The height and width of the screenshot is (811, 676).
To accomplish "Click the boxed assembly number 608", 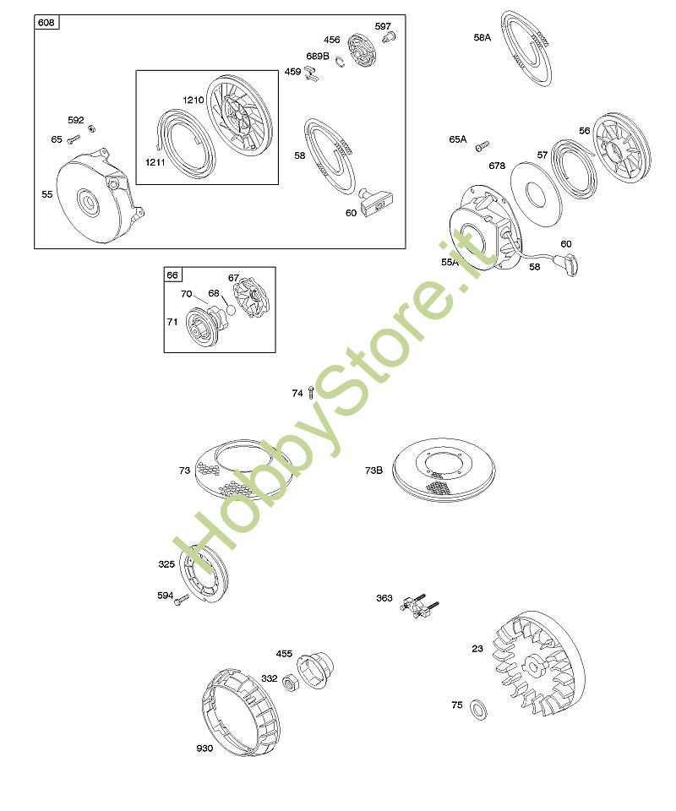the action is [46, 22].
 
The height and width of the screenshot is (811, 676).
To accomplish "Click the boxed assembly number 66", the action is [172, 275].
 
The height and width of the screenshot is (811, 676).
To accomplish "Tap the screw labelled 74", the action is [310, 392].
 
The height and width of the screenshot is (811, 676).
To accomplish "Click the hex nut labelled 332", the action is [290, 683].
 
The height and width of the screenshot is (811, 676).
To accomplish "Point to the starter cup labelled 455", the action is [315, 669].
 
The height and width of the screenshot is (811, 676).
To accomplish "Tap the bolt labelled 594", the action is [182, 600].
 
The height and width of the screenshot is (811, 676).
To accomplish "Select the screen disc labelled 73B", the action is [444, 471].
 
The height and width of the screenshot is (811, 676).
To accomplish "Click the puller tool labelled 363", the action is [419, 603].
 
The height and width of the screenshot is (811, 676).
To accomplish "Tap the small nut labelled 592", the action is [91, 128].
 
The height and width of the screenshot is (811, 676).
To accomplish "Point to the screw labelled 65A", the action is [482, 145].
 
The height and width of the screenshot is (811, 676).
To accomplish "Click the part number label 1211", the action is [155, 162].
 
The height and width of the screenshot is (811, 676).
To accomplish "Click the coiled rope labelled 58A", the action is [526, 47].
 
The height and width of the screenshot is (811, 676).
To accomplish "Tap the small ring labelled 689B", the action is [339, 61].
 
